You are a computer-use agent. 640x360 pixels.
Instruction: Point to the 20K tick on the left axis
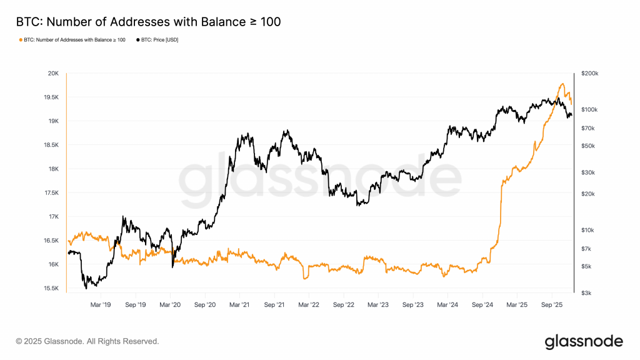[53, 73]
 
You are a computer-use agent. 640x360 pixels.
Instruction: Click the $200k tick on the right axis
[589, 73]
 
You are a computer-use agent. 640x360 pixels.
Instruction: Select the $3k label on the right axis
[586, 292]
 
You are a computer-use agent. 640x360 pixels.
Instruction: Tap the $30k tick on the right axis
[587, 172]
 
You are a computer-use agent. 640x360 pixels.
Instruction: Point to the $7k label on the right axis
[586, 249]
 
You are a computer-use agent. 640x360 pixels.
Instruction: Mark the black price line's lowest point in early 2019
[86, 288]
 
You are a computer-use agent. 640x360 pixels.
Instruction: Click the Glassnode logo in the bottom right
[584, 341]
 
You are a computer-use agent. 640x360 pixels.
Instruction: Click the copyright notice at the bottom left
[87, 341]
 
